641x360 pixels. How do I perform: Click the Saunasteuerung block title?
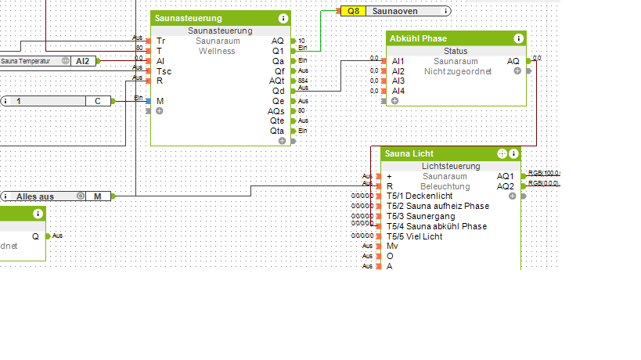pyautogui.click(x=188, y=18)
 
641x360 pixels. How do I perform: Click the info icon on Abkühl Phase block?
pyautogui.click(x=518, y=38)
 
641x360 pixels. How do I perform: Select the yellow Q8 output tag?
pyautogui.click(x=352, y=11)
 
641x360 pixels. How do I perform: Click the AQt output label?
pyautogui.click(x=277, y=81)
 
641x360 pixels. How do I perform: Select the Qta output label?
pyautogui.click(x=277, y=131)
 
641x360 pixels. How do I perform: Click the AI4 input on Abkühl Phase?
pyautogui.click(x=398, y=91)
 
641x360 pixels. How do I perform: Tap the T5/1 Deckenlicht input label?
pyautogui.click(x=419, y=196)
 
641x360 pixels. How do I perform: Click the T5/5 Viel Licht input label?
pyautogui.click(x=415, y=236)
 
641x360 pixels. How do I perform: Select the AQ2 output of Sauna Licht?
pyautogui.click(x=505, y=186)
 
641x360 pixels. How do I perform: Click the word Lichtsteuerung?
pyautogui.click(x=450, y=167)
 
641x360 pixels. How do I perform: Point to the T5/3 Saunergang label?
pyautogui.click(x=420, y=216)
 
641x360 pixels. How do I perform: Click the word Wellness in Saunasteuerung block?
pyautogui.click(x=216, y=51)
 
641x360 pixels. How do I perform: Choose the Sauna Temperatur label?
pyautogui.click(x=27, y=60)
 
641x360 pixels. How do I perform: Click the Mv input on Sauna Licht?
pyautogui.click(x=392, y=246)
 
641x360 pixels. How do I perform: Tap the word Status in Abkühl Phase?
pyautogui.click(x=455, y=51)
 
